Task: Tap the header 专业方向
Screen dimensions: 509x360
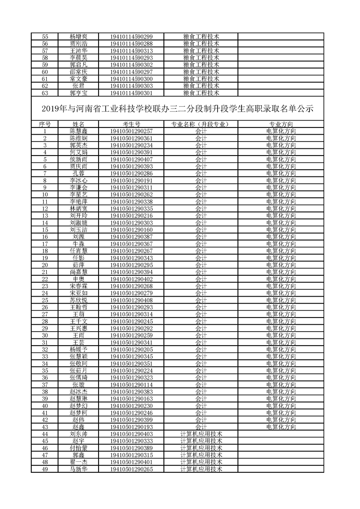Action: point(281,124)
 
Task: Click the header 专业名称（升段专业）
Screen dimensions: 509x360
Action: point(201,124)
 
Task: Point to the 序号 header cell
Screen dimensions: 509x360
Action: point(44,124)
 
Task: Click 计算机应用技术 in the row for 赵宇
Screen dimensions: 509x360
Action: point(201,440)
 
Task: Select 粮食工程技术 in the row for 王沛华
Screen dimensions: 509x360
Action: point(201,51)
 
